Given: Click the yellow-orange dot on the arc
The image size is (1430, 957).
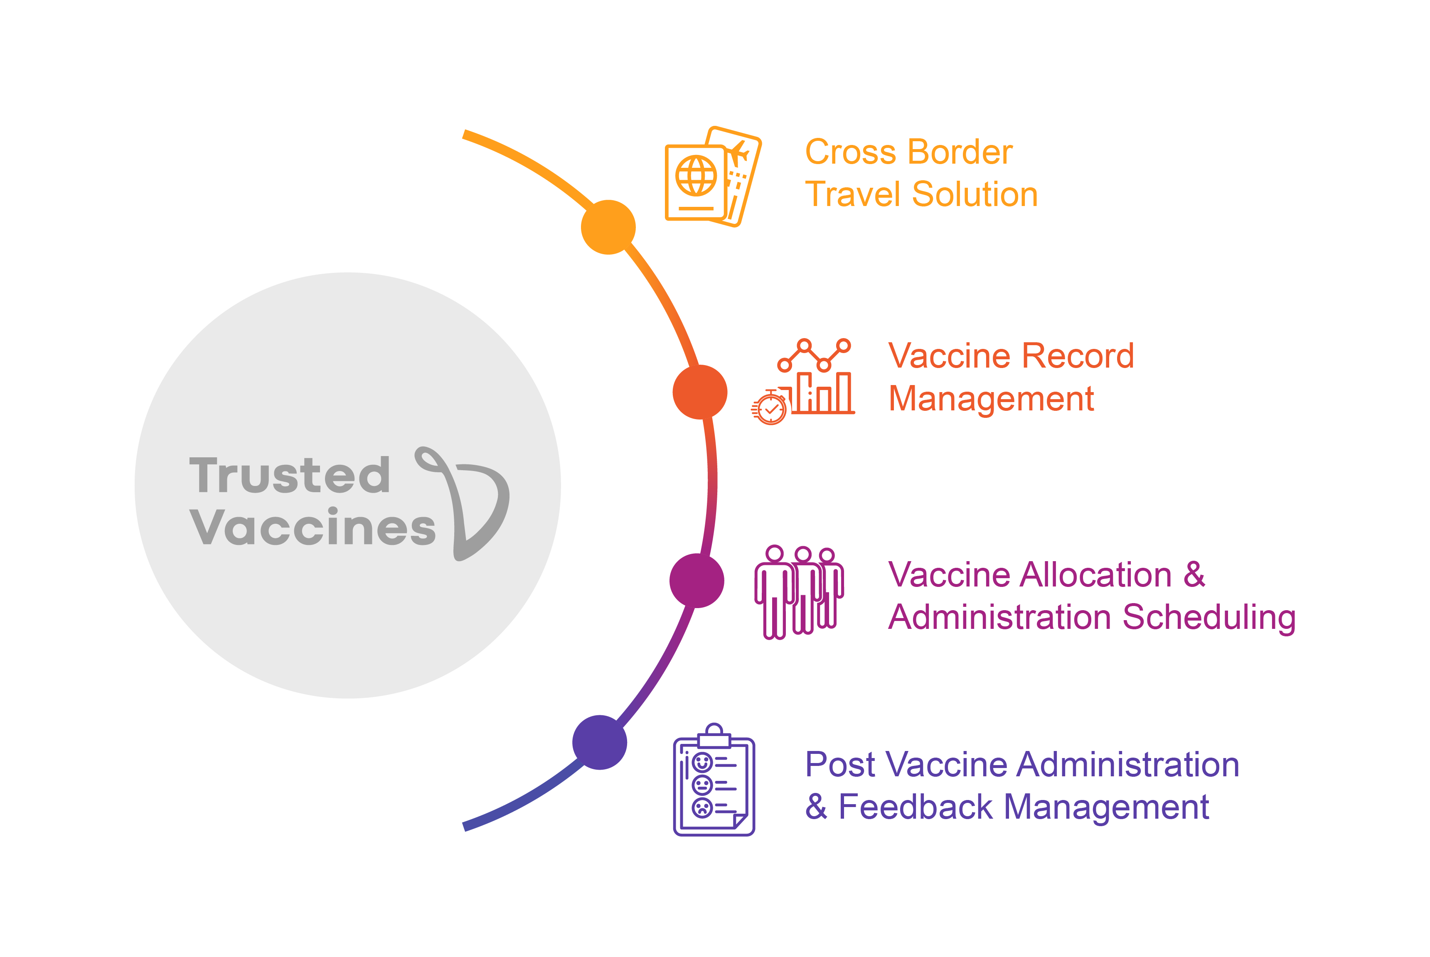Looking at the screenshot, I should point(608,227).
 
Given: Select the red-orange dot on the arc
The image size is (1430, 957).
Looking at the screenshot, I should point(700,392).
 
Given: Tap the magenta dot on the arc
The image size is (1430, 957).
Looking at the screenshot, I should point(697,580).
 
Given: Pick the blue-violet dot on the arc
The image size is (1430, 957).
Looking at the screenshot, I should point(600,742).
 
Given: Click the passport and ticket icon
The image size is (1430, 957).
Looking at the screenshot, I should point(713,177).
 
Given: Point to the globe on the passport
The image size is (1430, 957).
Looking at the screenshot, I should point(696,176).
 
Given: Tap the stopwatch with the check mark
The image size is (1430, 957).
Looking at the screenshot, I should point(770,408).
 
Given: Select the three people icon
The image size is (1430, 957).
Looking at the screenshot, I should point(799,591).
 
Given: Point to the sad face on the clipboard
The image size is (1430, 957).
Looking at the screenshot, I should point(702,807).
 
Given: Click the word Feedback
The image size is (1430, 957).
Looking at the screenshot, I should point(916,807).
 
